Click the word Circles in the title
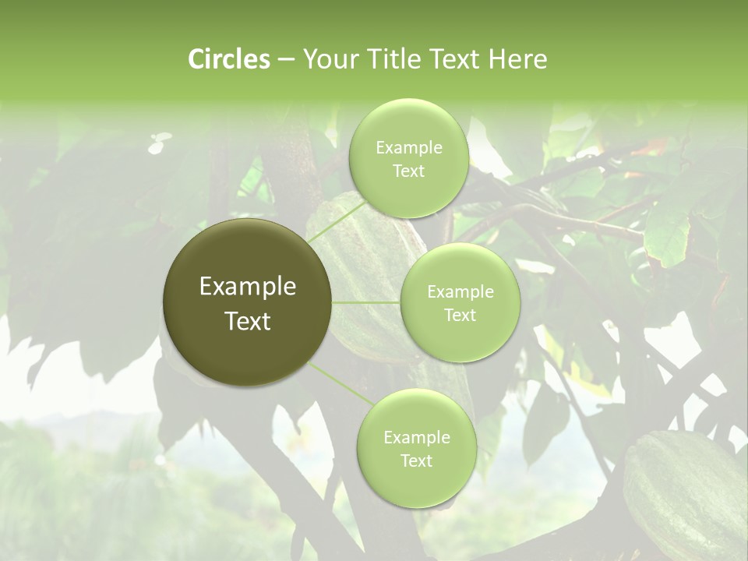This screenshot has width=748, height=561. (x=229, y=59)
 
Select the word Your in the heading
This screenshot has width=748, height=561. (x=327, y=59)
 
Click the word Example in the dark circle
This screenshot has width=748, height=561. (x=248, y=287)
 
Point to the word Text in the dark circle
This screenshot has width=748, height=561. (x=248, y=321)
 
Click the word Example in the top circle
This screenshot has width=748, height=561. (x=409, y=148)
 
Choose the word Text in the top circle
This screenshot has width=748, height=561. (x=408, y=171)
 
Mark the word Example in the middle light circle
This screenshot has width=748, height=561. (x=460, y=292)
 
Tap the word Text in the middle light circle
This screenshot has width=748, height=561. (x=460, y=315)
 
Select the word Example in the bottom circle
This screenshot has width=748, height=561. (x=417, y=438)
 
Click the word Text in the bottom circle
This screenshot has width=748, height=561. (x=416, y=460)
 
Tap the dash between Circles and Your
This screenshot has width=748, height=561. (x=285, y=60)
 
